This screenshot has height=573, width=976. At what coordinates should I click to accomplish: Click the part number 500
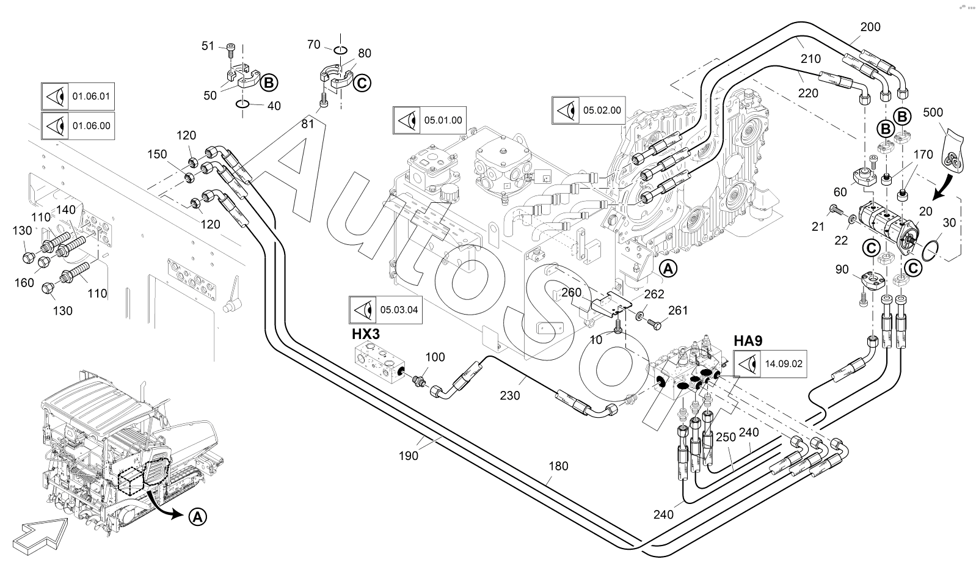pyautogui.click(x=933, y=112)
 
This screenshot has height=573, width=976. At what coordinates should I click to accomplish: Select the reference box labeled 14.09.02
pyautogui.click(x=770, y=365)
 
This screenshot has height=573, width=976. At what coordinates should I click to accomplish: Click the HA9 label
pyautogui.click(x=748, y=341)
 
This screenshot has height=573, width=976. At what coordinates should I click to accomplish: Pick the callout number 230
pyautogui.click(x=509, y=396)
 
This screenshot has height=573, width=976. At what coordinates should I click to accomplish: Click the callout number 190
pyautogui.click(x=409, y=455)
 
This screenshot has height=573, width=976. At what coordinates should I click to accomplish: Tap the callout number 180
pyautogui.click(x=558, y=466)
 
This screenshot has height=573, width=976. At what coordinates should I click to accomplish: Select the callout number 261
pyautogui.click(x=677, y=310)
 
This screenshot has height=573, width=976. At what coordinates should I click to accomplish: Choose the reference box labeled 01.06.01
pyautogui.click(x=78, y=96)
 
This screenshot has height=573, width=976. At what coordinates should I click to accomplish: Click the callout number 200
pyautogui.click(x=870, y=27)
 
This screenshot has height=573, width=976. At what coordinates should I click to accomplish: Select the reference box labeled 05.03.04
pyautogui.click(x=385, y=310)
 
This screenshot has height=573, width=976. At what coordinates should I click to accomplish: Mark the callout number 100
pyautogui.click(x=435, y=357)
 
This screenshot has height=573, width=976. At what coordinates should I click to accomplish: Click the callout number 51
pyautogui.click(x=208, y=46)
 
